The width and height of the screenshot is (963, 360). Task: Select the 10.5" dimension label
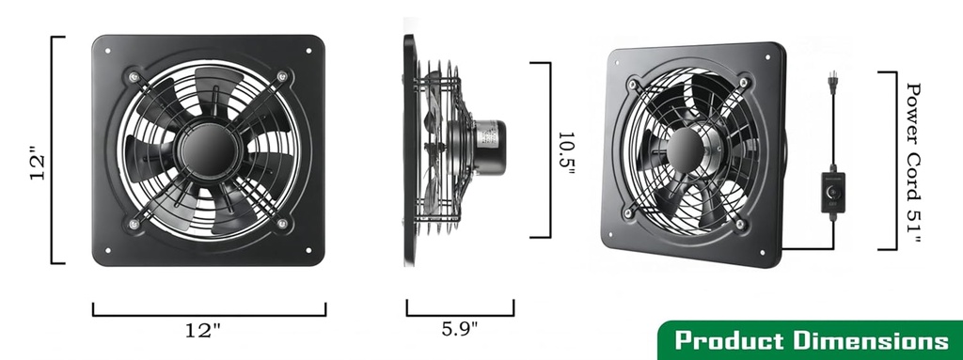click(565, 149)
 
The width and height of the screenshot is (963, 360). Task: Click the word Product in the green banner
click(728, 340)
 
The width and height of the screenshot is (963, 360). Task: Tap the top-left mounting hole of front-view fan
click(108, 52)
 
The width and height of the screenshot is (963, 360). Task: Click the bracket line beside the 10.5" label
click(548, 150)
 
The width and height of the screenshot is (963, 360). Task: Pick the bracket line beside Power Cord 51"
click(892, 160)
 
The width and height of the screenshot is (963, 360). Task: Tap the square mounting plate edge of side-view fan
click(410, 150)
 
